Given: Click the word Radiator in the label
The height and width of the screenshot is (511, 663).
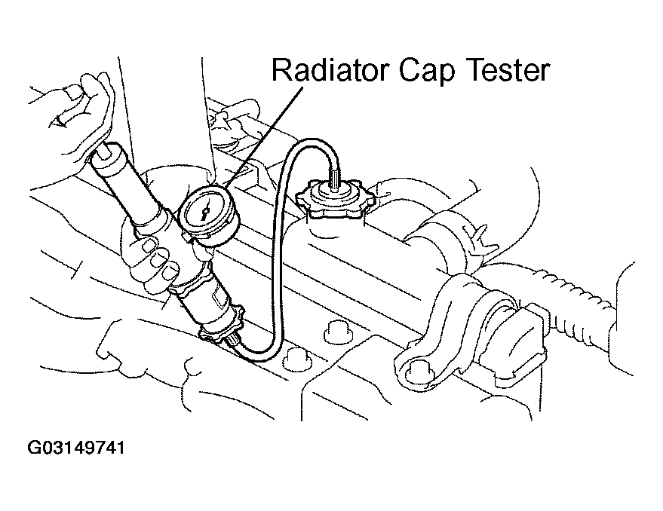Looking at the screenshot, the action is click(329, 70).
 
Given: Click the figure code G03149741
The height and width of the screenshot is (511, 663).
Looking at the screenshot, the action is click(76, 448).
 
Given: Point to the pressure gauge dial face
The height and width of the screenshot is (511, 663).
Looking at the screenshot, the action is click(204, 210).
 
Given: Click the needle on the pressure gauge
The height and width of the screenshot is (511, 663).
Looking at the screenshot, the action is click(204, 211).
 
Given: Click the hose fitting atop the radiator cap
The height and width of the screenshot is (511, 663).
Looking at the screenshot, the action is click(335, 179).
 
